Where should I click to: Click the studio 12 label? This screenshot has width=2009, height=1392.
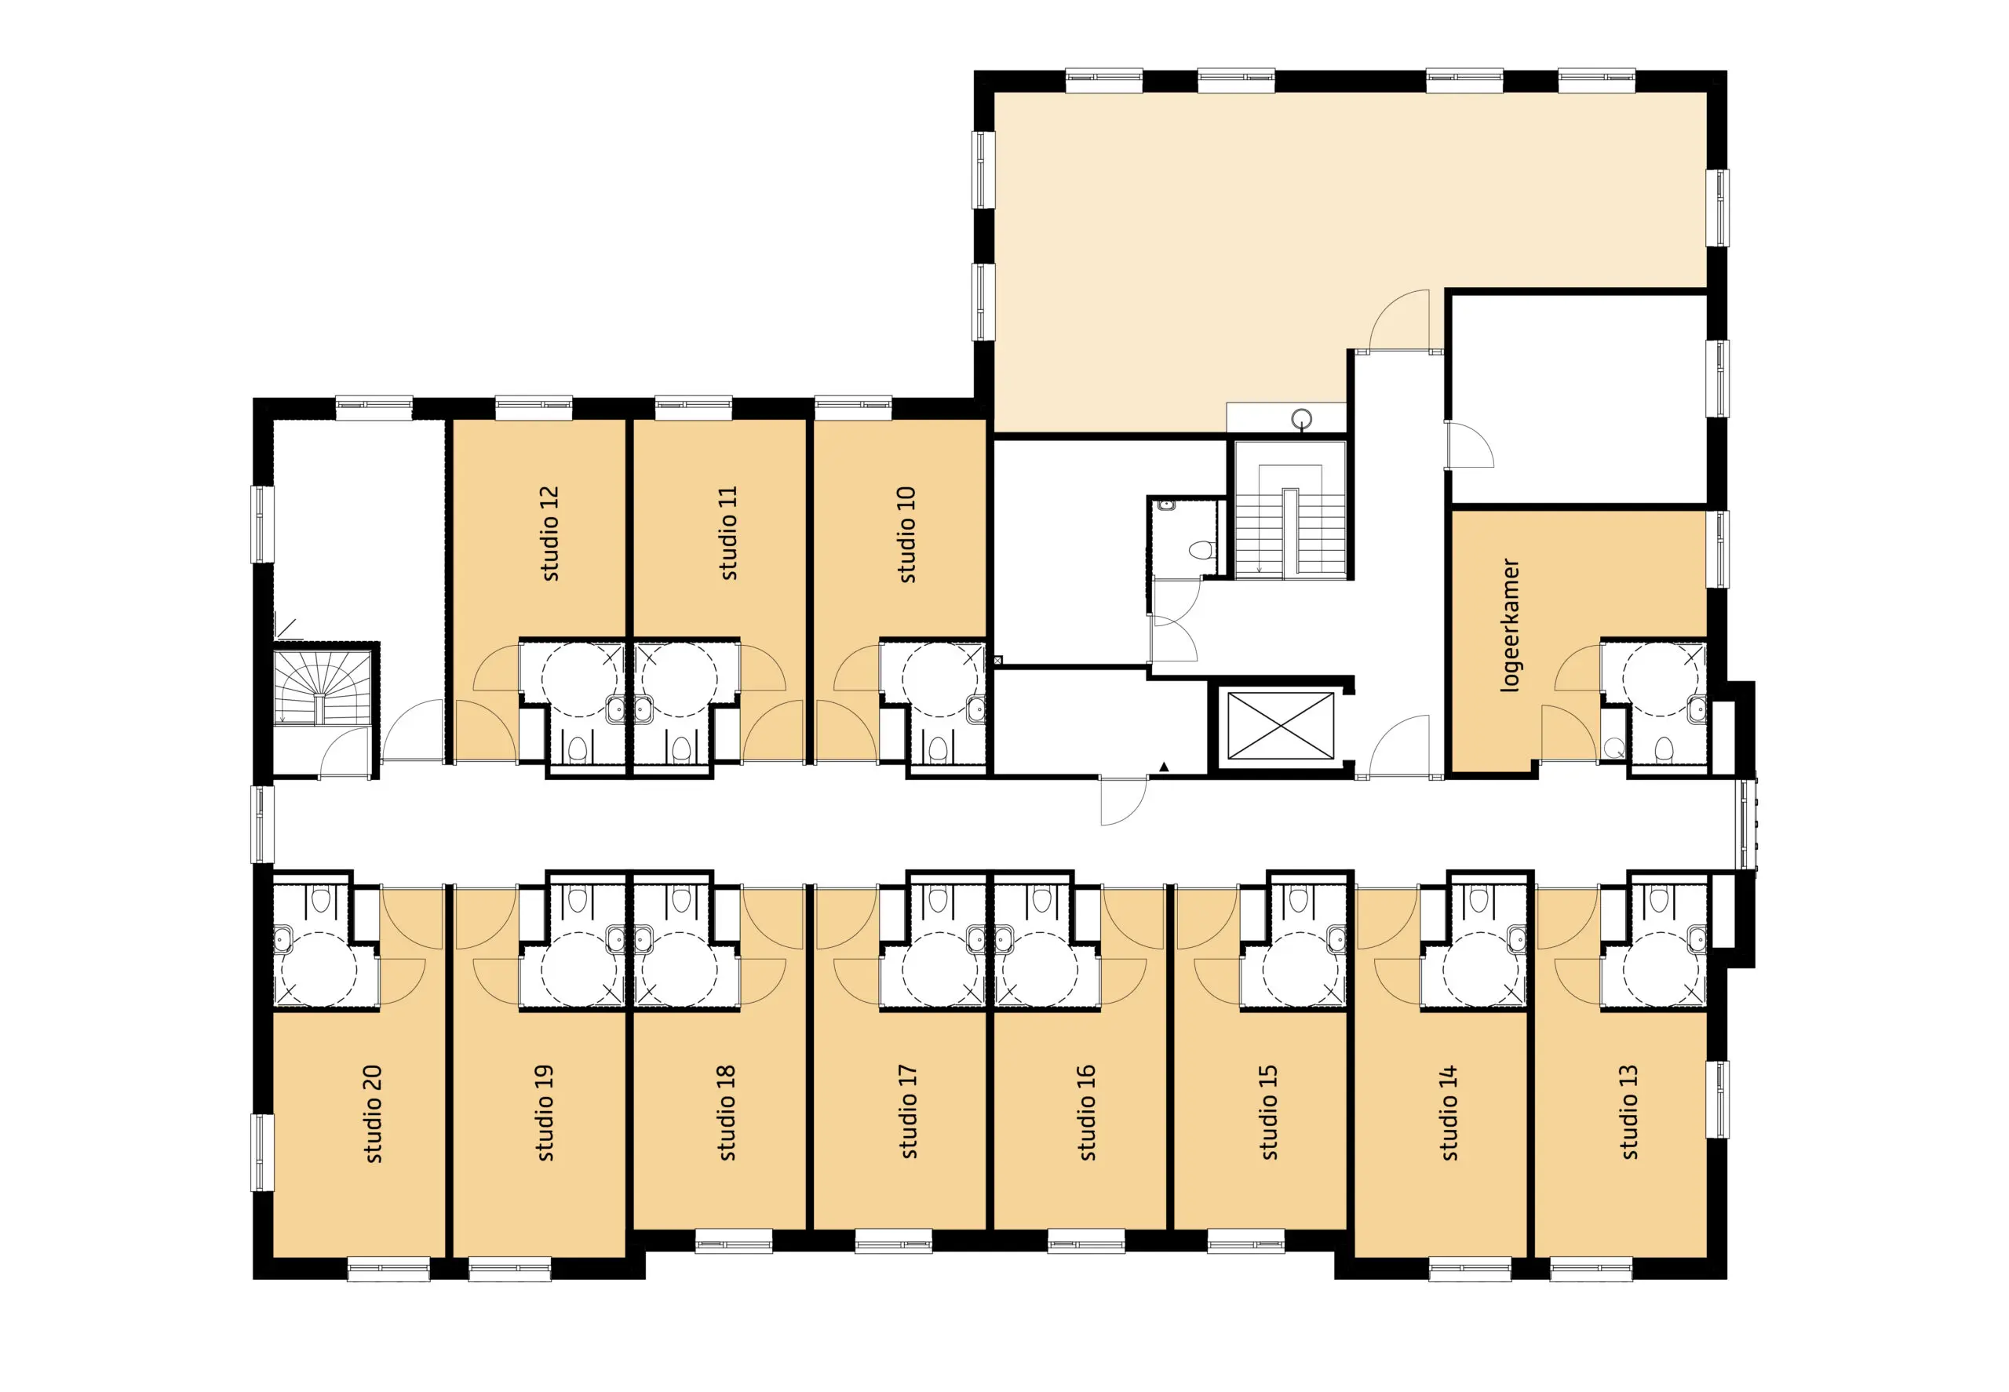(x=549, y=533)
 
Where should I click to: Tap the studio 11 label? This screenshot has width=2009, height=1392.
(x=727, y=533)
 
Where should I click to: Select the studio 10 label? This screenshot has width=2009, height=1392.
(x=906, y=534)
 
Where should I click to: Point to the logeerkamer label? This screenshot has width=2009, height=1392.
(x=1509, y=625)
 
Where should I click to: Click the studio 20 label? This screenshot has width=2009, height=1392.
(x=373, y=1113)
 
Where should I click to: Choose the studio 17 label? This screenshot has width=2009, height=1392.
(x=908, y=1111)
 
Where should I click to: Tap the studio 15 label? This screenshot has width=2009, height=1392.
(x=1268, y=1111)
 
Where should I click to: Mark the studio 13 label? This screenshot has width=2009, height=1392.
(x=1628, y=1111)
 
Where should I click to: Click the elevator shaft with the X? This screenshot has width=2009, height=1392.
(x=1281, y=726)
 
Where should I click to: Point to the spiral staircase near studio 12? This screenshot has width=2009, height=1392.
(x=322, y=687)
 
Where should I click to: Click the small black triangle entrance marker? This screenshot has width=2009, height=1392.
(x=1163, y=767)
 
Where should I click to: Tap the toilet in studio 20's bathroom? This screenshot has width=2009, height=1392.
(x=321, y=900)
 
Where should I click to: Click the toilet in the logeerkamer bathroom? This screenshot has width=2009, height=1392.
(x=1663, y=749)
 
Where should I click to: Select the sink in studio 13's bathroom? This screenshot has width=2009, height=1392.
(x=1696, y=938)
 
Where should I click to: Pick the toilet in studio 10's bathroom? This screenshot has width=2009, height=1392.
(x=938, y=749)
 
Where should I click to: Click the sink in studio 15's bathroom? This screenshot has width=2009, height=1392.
(x=1336, y=938)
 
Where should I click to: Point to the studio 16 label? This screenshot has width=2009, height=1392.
(x=1087, y=1112)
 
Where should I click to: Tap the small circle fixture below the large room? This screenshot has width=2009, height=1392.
(x=1301, y=419)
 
